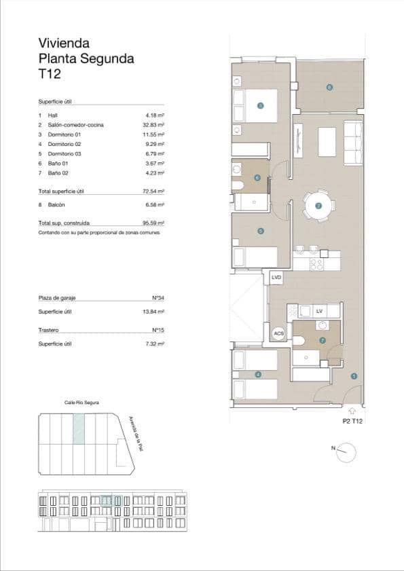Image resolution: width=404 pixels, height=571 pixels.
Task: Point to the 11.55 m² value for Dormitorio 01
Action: [x=155, y=134]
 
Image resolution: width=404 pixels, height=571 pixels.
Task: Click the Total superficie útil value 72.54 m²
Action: [x=155, y=191]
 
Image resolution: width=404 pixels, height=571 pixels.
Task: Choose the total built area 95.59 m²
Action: [x=155, y=223]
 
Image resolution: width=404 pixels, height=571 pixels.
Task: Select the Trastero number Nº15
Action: [x=158, y=331]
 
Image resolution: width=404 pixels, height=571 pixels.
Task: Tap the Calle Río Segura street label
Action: [x=81, y=403]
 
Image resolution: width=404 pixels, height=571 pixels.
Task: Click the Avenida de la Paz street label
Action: [x=138, y=434]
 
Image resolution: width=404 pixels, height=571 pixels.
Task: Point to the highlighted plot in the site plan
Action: [x=80, y=429]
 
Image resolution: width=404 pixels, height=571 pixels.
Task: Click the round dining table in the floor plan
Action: [x=318, y=204]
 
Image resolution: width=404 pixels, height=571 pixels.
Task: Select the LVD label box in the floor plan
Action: [x=276, y=278]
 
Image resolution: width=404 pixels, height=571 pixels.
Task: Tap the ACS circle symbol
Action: [x=278, y=333]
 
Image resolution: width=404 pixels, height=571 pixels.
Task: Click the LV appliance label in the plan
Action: [x=318, y=311]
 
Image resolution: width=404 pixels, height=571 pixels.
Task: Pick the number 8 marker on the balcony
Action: [x=329, y=87]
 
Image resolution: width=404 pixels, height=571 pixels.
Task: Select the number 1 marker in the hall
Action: [x=353, y=375]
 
